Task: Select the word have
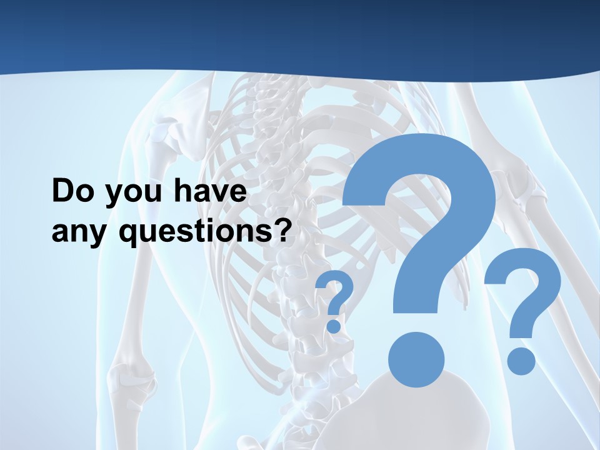point(210,192)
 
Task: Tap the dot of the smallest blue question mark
point(334,326)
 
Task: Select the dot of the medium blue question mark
point(521,361)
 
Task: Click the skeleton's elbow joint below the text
point(128,378)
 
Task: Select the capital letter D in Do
point(62,192)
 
